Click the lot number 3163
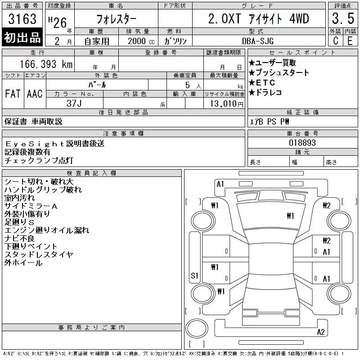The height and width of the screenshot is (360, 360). point(22,19)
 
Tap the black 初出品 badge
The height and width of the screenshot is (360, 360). point(22,37)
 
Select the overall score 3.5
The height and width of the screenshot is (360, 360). point(343,18)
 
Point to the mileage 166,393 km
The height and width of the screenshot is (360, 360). point(46,64)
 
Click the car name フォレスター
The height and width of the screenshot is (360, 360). point(116,19)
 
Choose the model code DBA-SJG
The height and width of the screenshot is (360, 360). point(258,41)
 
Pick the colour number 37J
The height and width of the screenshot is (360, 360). point(74,103)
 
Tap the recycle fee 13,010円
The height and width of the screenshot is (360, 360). point(226,104)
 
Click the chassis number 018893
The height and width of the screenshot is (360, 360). point(302,143)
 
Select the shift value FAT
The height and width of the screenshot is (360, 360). point(13,94)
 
